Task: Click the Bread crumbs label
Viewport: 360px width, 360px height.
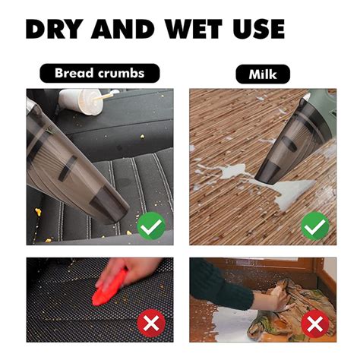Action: click(x=99, y=73)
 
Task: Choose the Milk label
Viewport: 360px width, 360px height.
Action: click(x=263, y=74)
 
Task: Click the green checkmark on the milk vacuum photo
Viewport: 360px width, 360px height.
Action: click(x=314, y=226)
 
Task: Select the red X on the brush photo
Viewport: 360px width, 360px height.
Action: click(x=151, y=324)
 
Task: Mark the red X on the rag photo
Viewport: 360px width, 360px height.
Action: click(x=315, y=324)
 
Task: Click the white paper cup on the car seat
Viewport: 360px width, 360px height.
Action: click(x=81, y=101)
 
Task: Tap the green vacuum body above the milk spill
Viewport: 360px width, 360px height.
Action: click(x=321, y=106)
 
